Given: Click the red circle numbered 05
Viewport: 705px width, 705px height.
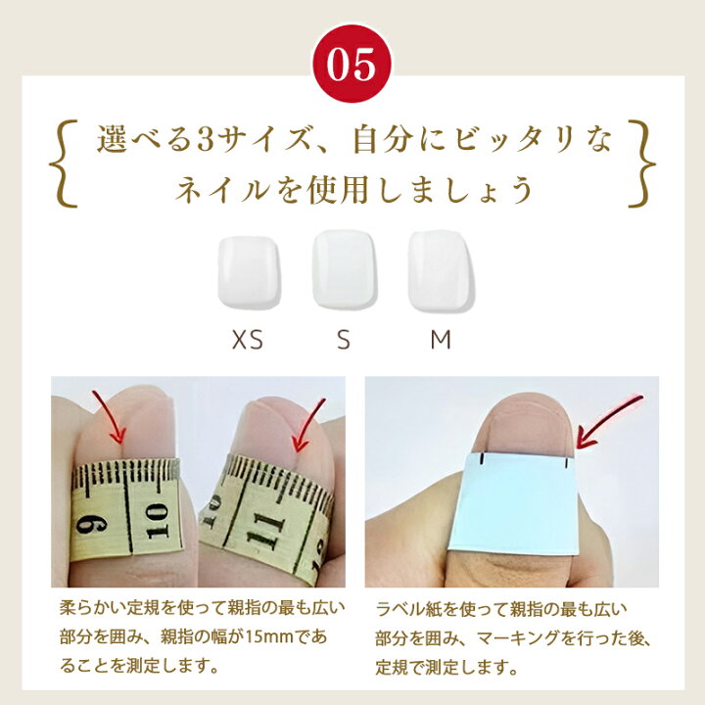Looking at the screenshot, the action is [352, 64].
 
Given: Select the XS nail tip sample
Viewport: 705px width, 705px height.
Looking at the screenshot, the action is [249, 272].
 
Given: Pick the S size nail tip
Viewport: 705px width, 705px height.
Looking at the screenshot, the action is [345, 269].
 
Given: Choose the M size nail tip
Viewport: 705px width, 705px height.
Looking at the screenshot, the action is [441, 270].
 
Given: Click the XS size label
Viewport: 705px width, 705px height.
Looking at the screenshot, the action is [248, 340].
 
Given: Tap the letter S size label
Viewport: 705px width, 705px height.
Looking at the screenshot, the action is [344, 340].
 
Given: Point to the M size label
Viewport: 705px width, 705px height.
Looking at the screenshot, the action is [441, 340].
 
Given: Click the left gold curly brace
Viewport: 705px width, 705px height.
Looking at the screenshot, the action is [64, 164].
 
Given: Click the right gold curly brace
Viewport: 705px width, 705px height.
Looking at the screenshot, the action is [641, 164].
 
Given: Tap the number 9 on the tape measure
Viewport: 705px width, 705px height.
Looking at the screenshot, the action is [91, 524].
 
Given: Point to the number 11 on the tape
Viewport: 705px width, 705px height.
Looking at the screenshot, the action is [266, 532].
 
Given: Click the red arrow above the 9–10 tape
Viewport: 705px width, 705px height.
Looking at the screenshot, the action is [111, 416].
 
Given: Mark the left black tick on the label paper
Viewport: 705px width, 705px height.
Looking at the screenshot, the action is [482, 458].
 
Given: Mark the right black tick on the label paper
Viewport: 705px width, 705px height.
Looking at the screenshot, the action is [567, 462].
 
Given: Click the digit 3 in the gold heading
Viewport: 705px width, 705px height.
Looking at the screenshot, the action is [205, 140].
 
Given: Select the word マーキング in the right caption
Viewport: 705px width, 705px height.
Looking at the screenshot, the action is [510, 638].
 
